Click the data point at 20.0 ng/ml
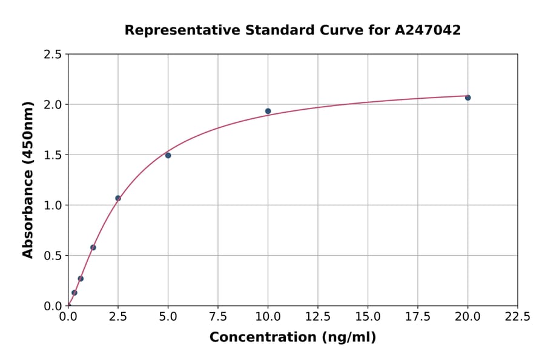tap(467, 98)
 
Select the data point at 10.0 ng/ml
tap(268, 111)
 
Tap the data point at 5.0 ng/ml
tap(168, 155)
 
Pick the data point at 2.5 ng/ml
tap(118, 198)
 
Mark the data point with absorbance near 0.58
tap(93, 247)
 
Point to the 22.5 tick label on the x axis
tap(517, 316)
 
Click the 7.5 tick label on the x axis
tap(218, 316)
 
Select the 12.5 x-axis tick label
tap(317, 316)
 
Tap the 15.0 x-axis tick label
tap(368, 316)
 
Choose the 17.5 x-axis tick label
tap(417, 316)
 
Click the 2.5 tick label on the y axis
tap(52, 55)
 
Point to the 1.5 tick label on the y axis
tap(52, 155)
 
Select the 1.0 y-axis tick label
tap(52, 205)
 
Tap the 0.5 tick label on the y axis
tap(52, 256)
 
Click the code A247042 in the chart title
tap(428, 30)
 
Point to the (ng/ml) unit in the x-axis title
tap(348, 338)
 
